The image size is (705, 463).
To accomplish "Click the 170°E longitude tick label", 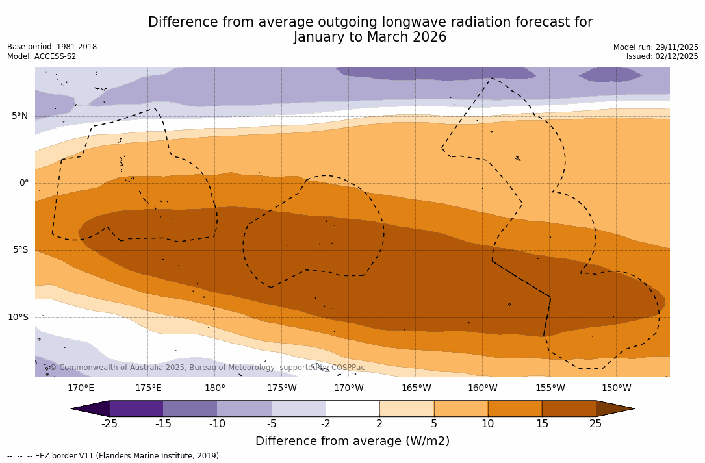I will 81,388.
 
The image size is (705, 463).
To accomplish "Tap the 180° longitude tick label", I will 214,388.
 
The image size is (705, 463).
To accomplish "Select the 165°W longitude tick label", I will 416,388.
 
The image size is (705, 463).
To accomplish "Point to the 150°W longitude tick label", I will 616,388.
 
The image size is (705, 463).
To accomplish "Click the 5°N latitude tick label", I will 19,116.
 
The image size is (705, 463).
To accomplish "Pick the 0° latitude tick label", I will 24,183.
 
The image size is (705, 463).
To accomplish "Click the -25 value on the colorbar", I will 109,424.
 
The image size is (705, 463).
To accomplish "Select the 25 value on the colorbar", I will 595,424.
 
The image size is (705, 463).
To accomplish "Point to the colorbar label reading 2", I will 379,424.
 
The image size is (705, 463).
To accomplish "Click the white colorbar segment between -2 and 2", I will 352,408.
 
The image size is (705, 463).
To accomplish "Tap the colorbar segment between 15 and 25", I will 569,408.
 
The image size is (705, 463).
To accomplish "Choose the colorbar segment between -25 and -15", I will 136,408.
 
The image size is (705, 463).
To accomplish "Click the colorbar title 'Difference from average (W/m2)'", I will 352,442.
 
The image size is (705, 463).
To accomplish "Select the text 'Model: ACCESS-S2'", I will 42,56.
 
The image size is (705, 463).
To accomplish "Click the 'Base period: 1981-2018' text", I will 52,47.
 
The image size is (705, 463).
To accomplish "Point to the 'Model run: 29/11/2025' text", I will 656,47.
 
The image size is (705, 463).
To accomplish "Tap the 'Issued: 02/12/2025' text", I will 662,56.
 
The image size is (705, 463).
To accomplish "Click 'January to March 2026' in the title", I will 370,37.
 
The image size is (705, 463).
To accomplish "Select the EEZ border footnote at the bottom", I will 114,456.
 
